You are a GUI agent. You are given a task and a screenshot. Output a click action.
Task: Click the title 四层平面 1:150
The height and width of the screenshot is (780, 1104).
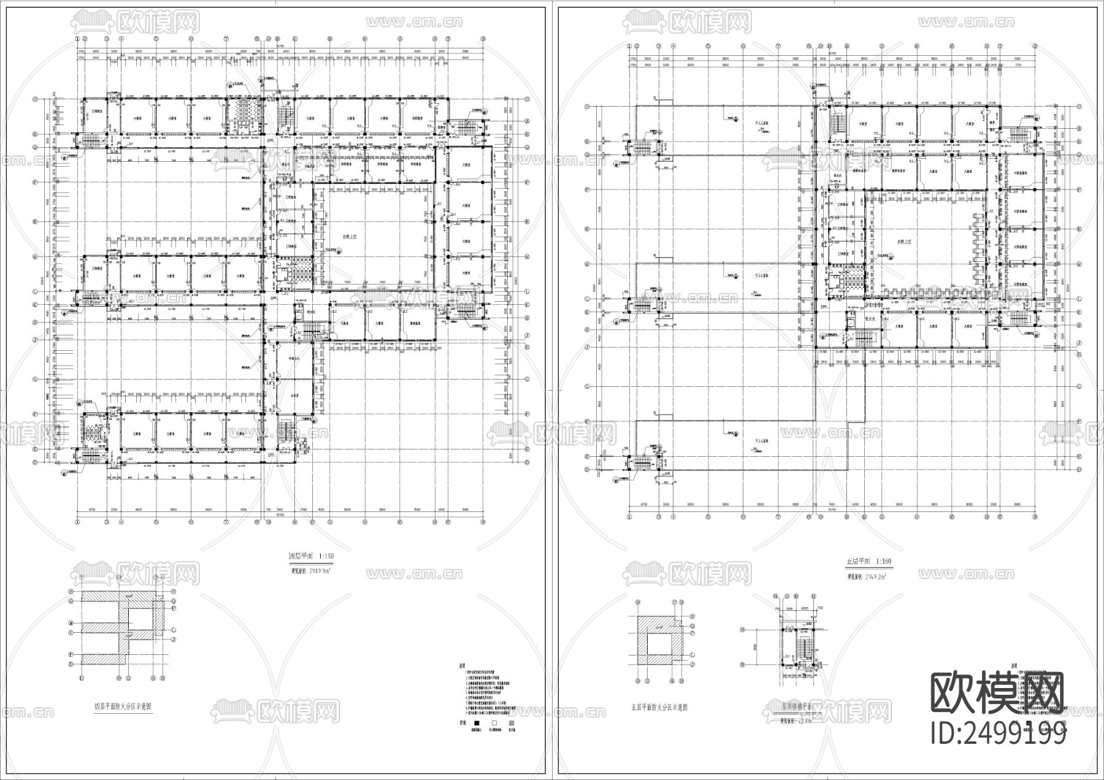[311, 557]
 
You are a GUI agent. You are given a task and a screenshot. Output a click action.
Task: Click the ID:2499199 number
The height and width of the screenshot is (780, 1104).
[999, 733]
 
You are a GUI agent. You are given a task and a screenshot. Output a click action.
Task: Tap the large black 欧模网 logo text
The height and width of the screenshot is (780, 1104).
[997, 694]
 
